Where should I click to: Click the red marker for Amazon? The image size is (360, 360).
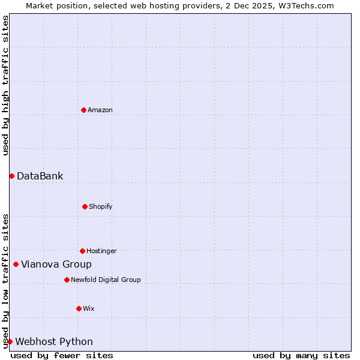tap(83, 110)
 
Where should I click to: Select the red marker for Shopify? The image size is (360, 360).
tap(85, 206)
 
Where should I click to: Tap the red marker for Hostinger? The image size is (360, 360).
tap(82, 251)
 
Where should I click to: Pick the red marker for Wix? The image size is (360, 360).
tap(79, 308)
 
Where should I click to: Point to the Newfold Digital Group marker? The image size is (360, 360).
tap(67, 280)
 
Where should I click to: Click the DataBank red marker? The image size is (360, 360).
tap(11, 176)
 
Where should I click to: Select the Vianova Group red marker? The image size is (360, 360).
tap(16, 264)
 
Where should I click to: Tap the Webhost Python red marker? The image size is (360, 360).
tap(10, 341)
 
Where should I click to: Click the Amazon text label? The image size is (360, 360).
tap(100, 110)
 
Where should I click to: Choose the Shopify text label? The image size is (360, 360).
tap(101, 206)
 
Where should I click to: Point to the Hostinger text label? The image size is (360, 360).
tap(101, 251)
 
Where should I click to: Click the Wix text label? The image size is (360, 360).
tap(89, 308)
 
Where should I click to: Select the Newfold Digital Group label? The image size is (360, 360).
tap(106, 280)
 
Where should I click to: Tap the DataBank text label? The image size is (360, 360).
tap(40, 176)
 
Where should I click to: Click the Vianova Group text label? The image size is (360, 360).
tap(56, 264)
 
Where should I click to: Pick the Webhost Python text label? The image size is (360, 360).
tap(54, 341)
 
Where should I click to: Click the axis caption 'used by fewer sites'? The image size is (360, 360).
tap(62, 355)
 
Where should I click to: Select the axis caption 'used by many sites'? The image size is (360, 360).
tap(301, 355)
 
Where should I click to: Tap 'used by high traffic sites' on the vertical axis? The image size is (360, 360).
tap(5, 85)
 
